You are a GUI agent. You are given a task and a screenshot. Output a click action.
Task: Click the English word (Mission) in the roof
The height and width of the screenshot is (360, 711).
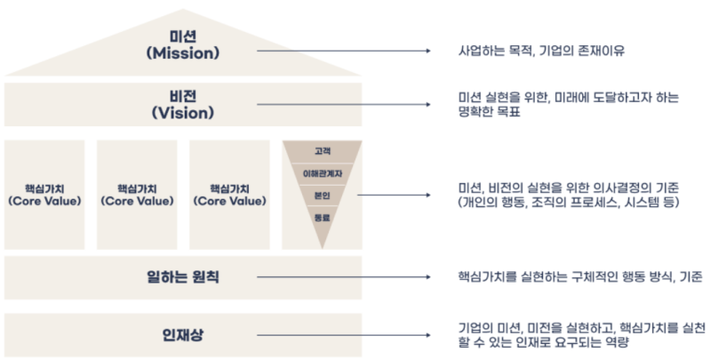pos(182,52)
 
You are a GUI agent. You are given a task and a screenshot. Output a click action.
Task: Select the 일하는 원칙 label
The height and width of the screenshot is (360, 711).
pos(182,276)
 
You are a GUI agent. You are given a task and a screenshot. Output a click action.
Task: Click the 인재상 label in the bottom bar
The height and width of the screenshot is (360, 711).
pos(182,334)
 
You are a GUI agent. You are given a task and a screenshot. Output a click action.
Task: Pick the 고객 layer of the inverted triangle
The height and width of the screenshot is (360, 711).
pos(322,151)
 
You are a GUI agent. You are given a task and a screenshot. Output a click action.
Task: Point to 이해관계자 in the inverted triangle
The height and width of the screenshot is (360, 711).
pos(322,172)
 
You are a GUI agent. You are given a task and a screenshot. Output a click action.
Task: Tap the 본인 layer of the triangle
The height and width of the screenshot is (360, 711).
pos(322,195)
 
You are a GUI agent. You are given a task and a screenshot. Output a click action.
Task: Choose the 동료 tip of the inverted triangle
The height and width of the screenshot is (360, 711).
pos(322,217)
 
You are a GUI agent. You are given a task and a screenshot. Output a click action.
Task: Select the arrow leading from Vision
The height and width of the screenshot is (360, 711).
pos(346,105)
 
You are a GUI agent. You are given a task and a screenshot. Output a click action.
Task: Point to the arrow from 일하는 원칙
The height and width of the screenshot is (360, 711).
pos(346,276)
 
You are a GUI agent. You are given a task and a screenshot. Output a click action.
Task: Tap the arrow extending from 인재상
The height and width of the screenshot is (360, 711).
pos(346,334)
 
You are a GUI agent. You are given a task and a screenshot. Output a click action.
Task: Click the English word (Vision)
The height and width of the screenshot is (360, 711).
pos(182,113)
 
